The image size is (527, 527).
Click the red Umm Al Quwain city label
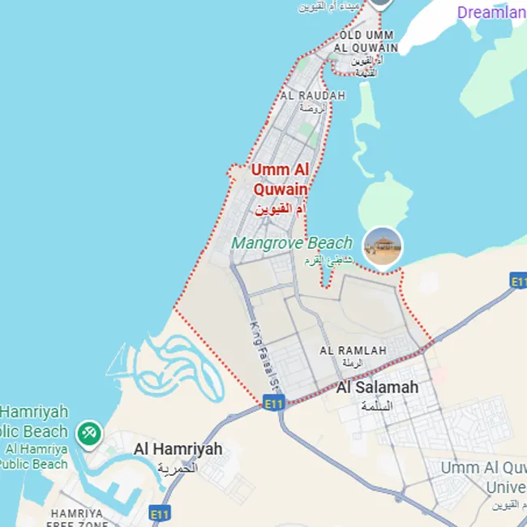(x=280, y=179)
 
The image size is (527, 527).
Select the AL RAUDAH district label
(x=312, y=96)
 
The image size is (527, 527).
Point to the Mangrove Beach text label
(x=292, y=242)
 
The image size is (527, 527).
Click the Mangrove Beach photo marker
(x=383, y=246)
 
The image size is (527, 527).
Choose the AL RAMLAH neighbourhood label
(x=353, y=350)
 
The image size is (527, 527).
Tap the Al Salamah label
(x=378, y=388)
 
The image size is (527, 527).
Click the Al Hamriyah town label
(x=178, y=449)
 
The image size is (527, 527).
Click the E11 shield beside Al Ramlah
(x=275, y=402)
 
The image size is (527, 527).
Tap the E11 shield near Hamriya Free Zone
(x=160, y=514)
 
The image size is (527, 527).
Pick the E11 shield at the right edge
(x=518, y=281)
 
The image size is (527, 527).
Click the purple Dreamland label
(x=491, y=12)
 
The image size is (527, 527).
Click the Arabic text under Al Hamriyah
(x=178, y=468)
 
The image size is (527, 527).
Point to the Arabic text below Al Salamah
(x=376, y=405)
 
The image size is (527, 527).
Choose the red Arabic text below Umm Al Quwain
(x=280, y=209)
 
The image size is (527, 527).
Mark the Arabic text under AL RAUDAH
(x=312, y=108)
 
